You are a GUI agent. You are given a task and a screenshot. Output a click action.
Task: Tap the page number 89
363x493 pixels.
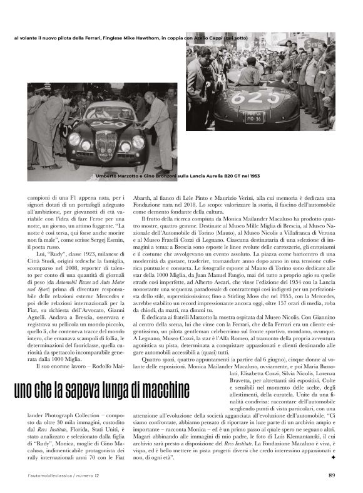(x=332, y=474)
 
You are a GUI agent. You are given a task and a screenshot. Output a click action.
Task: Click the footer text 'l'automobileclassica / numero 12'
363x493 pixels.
(x=56, y=475)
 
